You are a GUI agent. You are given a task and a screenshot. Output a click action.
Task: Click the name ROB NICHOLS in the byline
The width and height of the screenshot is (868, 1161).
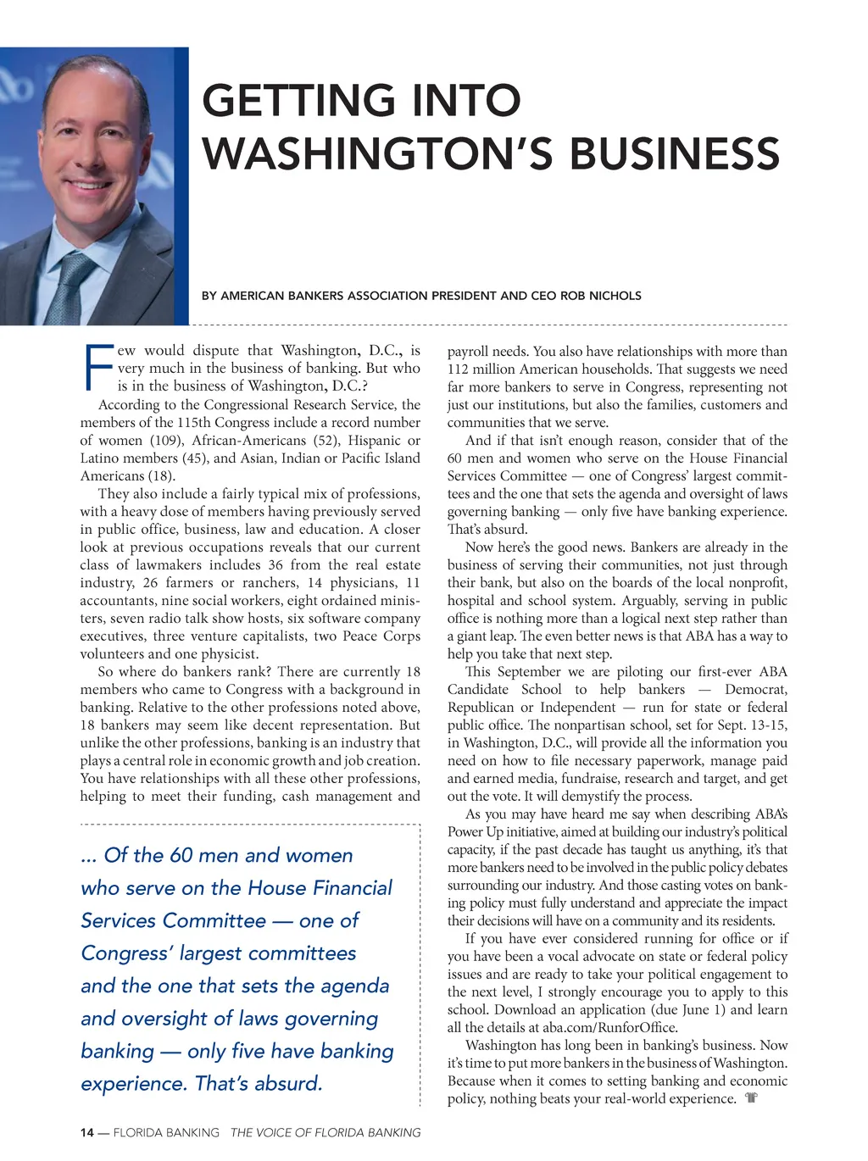(599, 296)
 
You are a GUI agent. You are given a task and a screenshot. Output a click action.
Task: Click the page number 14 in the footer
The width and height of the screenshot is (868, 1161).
(87, 1133)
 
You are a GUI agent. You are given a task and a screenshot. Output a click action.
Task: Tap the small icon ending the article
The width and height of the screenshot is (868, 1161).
(750, 1098)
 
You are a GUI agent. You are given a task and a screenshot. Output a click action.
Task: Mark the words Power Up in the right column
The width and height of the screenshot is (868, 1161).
(475, 831)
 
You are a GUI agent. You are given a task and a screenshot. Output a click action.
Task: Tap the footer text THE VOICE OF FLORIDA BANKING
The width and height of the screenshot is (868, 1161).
(325, 1133)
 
